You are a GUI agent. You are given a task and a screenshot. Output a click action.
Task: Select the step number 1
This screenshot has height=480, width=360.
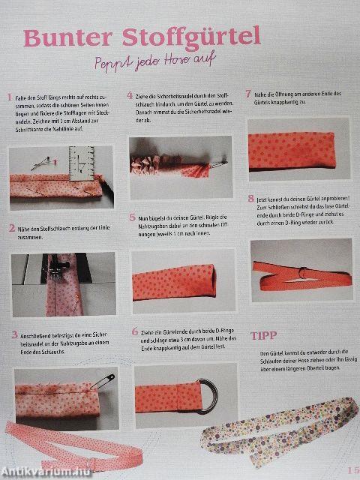point(9,97)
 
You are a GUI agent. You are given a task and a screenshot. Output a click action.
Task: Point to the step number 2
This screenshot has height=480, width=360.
point(11,227)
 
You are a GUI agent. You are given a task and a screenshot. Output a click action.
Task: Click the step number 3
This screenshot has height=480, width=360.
point(13,334)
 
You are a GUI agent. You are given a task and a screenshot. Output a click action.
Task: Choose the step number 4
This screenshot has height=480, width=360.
point(130,95)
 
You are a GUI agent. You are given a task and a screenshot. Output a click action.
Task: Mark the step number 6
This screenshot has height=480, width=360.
point(134,331)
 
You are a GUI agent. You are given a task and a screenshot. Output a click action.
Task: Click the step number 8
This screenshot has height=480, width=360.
point(250,199)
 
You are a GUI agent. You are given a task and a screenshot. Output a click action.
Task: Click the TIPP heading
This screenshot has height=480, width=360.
point(265,336)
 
